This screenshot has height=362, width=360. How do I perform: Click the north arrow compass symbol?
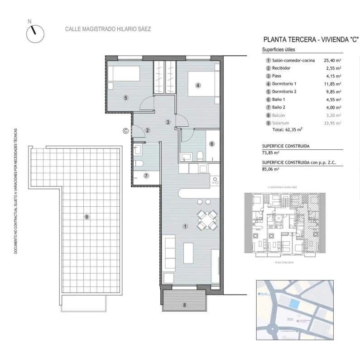tap(35, 33)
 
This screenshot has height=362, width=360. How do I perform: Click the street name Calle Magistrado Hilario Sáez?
tap(108, 29)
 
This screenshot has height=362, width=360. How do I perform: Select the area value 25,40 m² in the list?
tap(332, 60)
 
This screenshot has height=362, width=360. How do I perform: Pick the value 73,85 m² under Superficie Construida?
tap(271, 153)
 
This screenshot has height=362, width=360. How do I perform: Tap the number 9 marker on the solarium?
tap(86, 217)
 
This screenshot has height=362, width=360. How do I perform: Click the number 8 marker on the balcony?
tap(184, 305)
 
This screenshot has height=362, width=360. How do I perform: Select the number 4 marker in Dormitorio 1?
tap(198, 85)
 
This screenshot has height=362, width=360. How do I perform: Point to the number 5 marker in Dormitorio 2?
tap(125, 97)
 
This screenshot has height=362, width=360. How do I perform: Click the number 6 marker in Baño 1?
tap(211, 144)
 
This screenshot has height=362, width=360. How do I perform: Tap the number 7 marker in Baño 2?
tap(146, 176)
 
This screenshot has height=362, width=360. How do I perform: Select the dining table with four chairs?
tap(206, 220)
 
